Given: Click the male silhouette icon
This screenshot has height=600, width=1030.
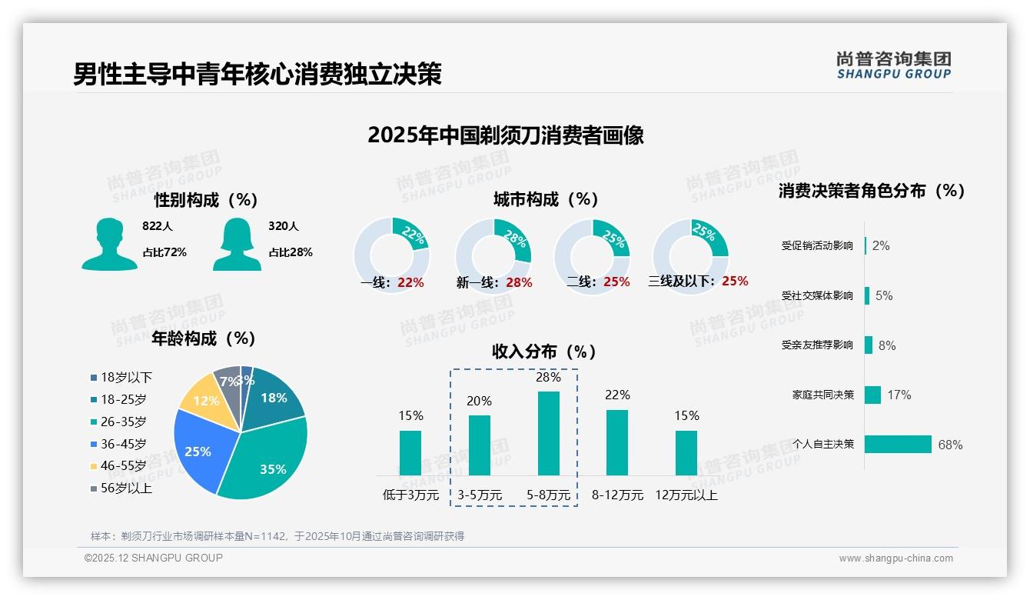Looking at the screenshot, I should pos(109,244).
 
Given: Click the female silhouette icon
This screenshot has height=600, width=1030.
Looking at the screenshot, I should pos(237,244).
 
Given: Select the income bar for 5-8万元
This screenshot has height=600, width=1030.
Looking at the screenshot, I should pos(548,433).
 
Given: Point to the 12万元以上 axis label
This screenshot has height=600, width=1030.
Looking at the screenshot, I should pos(686,495).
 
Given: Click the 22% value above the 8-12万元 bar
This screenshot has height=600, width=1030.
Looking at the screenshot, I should pos(616,395).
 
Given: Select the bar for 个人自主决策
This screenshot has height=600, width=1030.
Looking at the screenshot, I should pos(898,444).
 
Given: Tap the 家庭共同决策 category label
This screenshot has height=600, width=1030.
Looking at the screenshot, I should pos(822,395).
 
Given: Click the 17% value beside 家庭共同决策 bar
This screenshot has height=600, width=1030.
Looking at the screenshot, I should pos(899,395).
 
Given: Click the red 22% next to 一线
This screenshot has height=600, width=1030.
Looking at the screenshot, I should pos(410,282).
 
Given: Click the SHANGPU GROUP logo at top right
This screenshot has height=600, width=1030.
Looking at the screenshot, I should pos(893,65).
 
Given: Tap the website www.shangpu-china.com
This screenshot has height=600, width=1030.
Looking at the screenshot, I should pos(895,558).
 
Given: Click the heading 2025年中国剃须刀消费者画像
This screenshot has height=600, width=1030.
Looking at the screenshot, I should pos(505,135).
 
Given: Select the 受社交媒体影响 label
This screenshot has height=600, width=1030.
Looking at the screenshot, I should pos(817,295).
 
